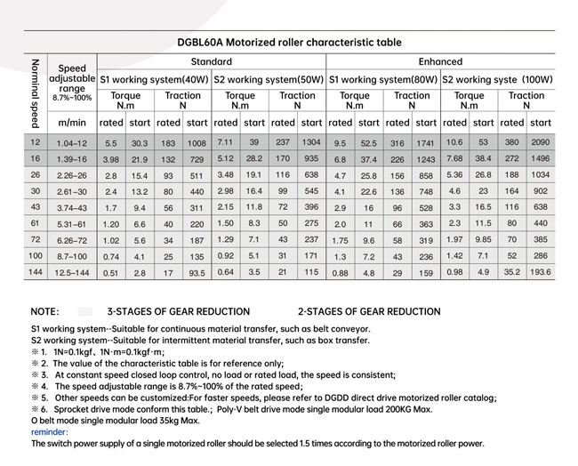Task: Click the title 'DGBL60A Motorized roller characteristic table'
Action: click(x=288, y=42)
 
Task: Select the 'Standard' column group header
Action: click(x=212, y=62)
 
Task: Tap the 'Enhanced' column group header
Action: click(x=440, y=62)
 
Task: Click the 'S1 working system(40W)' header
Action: click(x=154, y=79)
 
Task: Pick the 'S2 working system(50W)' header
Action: click(x=269, y=79)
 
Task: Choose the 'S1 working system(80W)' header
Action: click(x=383, y=79)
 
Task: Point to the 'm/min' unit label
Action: click(x=71, y=123)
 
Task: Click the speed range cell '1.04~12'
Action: click(x=71, y=143)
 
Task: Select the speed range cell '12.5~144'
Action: click(x=71, y=273)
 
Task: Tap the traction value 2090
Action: click(x=540, y=142)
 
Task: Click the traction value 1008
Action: click(x=197, y=143)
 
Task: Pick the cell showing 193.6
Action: click(x=540, y=272)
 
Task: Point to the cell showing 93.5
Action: click(x=197, y=273)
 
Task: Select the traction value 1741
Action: click(x=426, y=143)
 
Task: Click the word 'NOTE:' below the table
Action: click(x=44, y=313)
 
